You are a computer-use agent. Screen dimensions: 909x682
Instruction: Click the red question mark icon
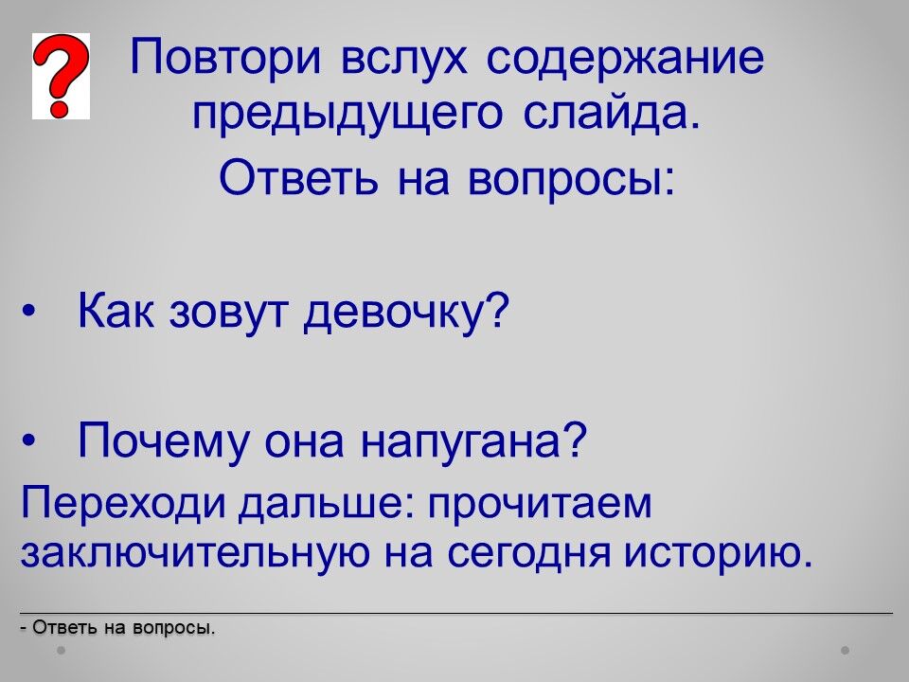pos(61,76)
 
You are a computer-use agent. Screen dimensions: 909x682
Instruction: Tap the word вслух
pos(404,60)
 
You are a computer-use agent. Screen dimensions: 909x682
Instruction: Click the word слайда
pos(612,112)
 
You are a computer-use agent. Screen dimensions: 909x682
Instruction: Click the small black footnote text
pos(117,627)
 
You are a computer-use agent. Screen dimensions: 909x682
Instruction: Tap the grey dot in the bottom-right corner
pos(846,650)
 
